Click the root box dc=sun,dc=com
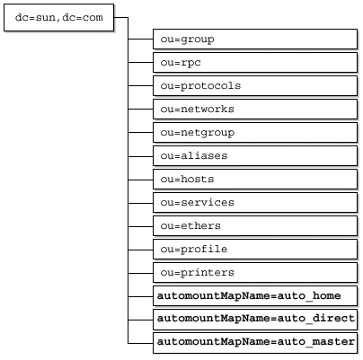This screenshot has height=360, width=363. click(x=58, y=17)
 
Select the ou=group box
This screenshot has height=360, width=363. click(x=255, y=39)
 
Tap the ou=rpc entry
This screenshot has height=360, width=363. click(x=255, y=62)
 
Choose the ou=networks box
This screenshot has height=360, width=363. click(x=255, y=109)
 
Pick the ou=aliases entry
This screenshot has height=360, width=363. click(x=255, y=155)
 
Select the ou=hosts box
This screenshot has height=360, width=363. click(x=255, y=179)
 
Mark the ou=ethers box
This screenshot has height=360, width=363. click(x=255, y=225)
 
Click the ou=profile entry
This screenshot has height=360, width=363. click(x=255, y=249)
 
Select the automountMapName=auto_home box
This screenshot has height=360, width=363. click(x=255, y=295)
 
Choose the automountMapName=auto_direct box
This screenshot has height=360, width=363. click(x=255, y=319)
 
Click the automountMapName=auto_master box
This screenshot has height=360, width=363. click(x=255, y=342)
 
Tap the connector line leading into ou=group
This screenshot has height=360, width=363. click(x=140, y=39)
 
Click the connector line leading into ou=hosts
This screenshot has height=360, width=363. click(x=140, y=180)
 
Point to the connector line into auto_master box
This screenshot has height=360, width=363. click(x=140, y=343)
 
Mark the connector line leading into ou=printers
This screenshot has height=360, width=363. click(x=140, y=273)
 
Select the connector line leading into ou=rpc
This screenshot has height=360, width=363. click(x=140, y=62)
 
